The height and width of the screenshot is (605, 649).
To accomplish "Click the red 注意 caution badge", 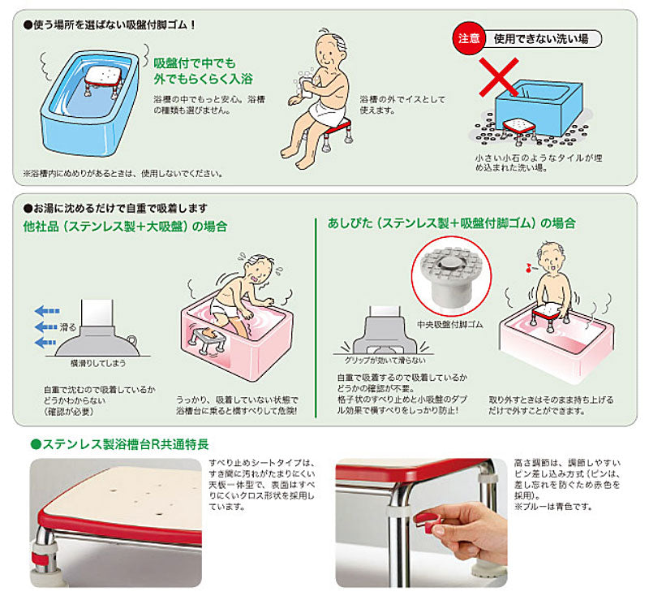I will (469, 37).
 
